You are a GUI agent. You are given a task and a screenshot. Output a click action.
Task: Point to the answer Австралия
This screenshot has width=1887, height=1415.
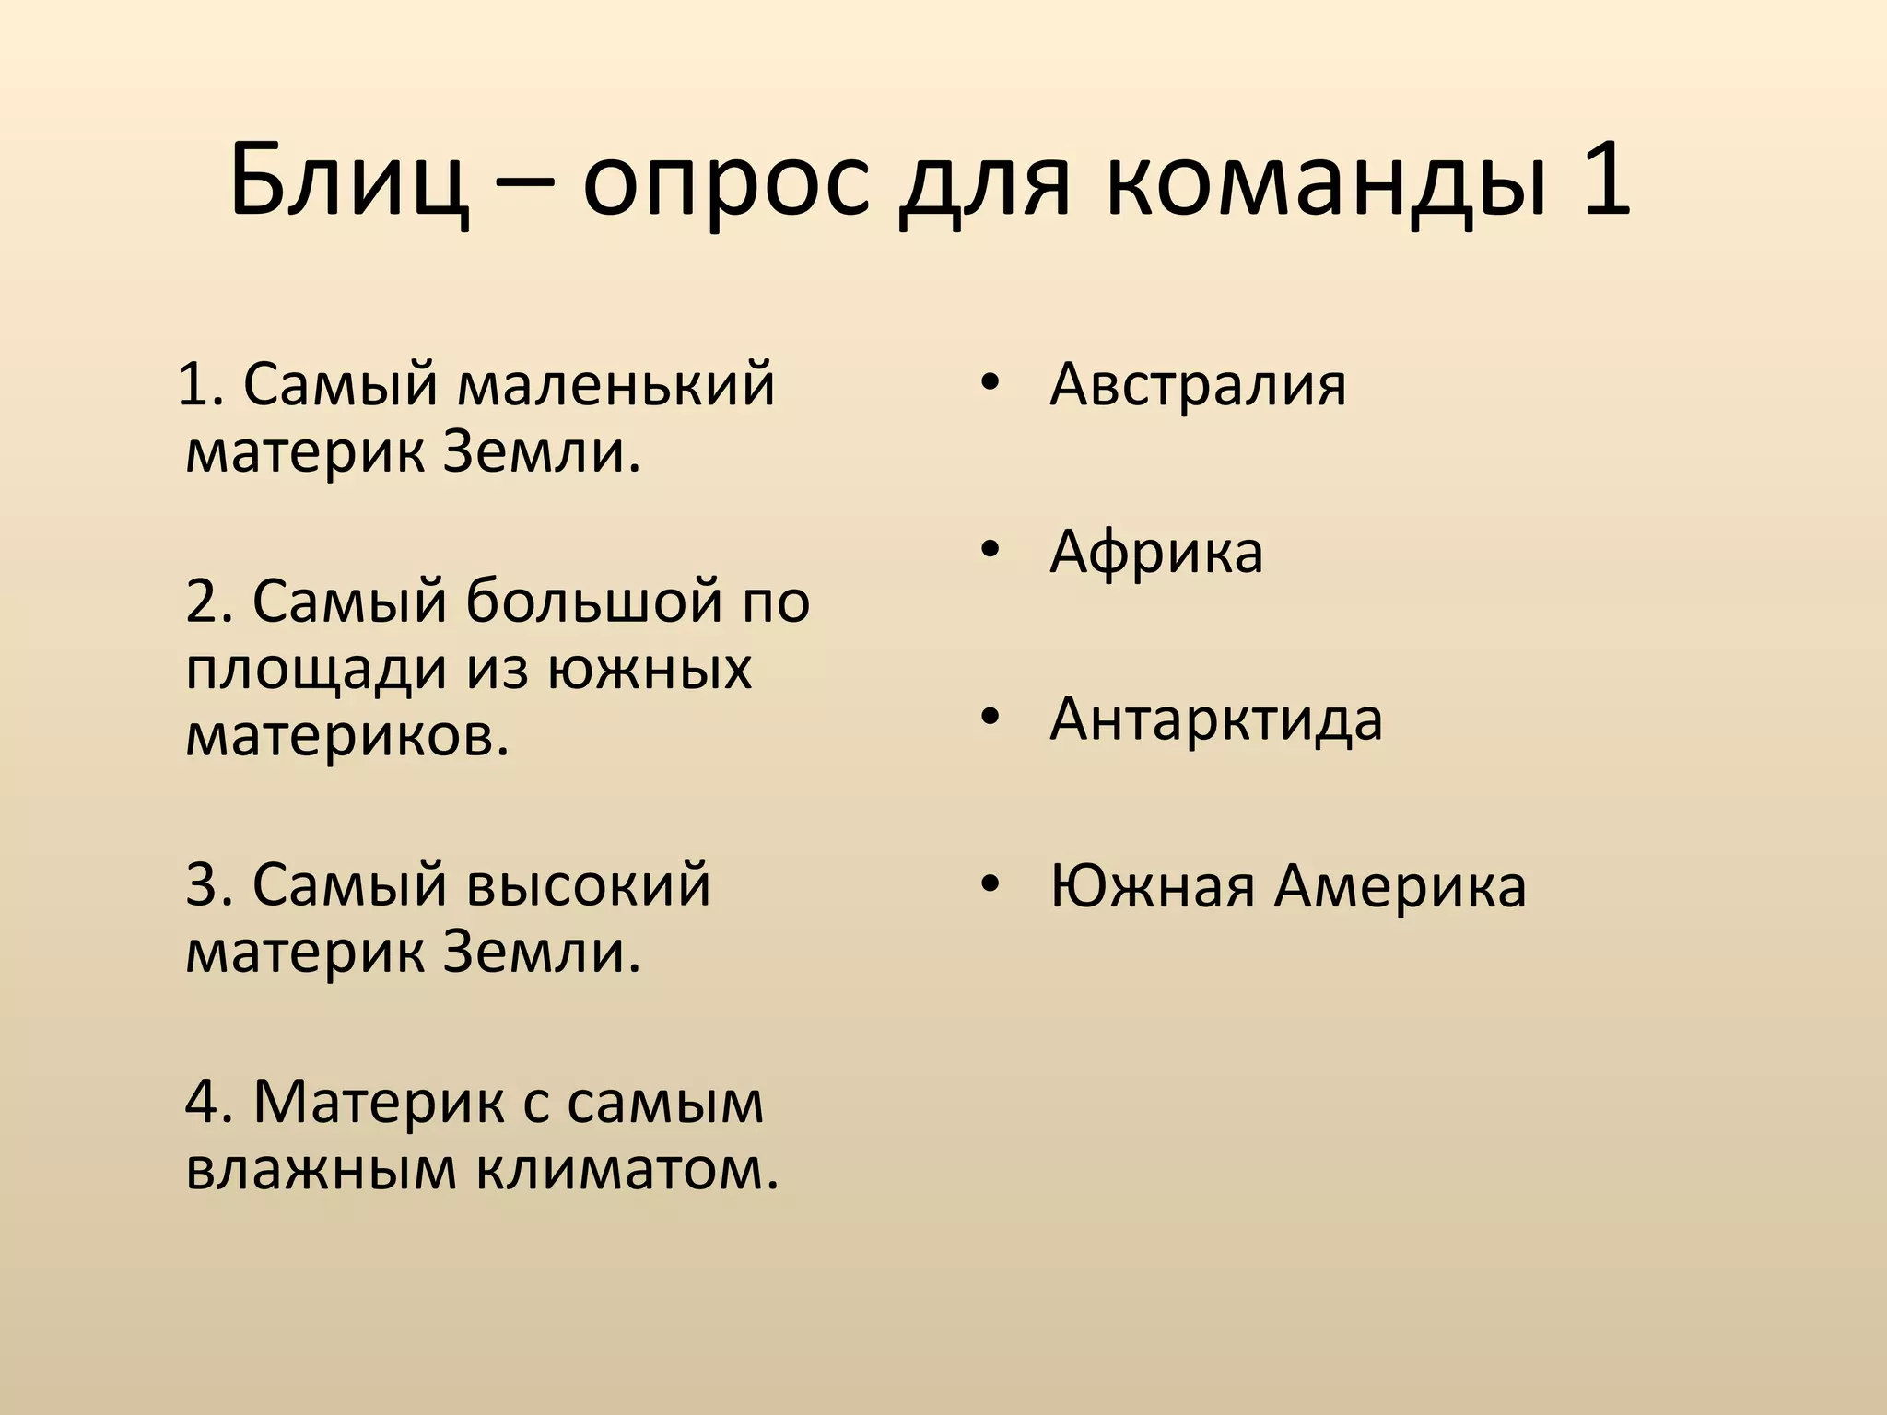pos(1197,384)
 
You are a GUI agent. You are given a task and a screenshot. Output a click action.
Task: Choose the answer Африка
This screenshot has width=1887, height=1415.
pos(1155,552)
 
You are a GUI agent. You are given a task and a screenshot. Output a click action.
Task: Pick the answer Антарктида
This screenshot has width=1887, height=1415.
pos(1215,719)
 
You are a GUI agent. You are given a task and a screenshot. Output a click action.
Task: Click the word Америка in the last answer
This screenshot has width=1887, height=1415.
pos(1400,886)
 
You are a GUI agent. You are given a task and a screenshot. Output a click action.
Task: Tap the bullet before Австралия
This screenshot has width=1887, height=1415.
pos(989,384)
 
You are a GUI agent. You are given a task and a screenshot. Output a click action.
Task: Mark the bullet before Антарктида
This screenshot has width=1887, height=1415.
pos(989,719)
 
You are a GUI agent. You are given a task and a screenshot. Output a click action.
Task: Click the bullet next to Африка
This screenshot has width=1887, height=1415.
pos(989,552)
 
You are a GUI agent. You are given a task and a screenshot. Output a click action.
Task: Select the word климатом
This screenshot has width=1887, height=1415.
pos(627,1170)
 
